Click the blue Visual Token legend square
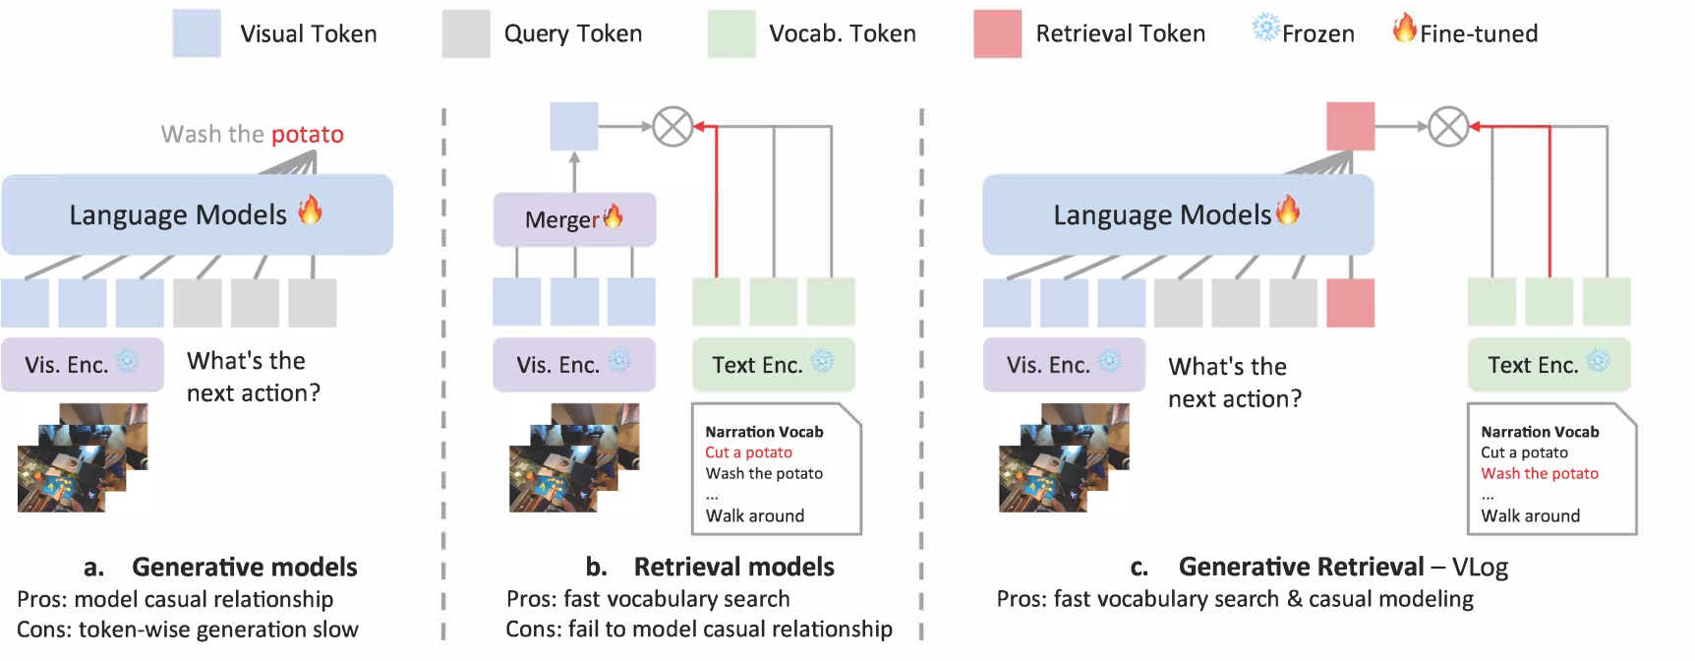(197, 33)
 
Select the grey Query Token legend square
(466, 33)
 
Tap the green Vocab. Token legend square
(731, 33)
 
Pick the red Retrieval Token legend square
(997, 33)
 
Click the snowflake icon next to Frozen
(1265, 28)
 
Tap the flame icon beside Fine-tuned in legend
(1405, 29)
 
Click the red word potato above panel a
(307, 135)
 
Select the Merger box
(574, 219)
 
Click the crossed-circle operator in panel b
(673, 126)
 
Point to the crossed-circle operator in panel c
(1448, 126)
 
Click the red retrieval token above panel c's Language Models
(1350, 126)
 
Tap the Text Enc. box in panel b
(773, 365)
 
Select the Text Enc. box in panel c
(1549, 365)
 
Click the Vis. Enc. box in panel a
(83, 365)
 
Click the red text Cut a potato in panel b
(748, 452)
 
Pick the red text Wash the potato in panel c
(1540, 473)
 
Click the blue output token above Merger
(574, 126)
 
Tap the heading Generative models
(244, 568)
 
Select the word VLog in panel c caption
(1480, 568)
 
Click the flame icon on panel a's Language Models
(310, 210)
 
